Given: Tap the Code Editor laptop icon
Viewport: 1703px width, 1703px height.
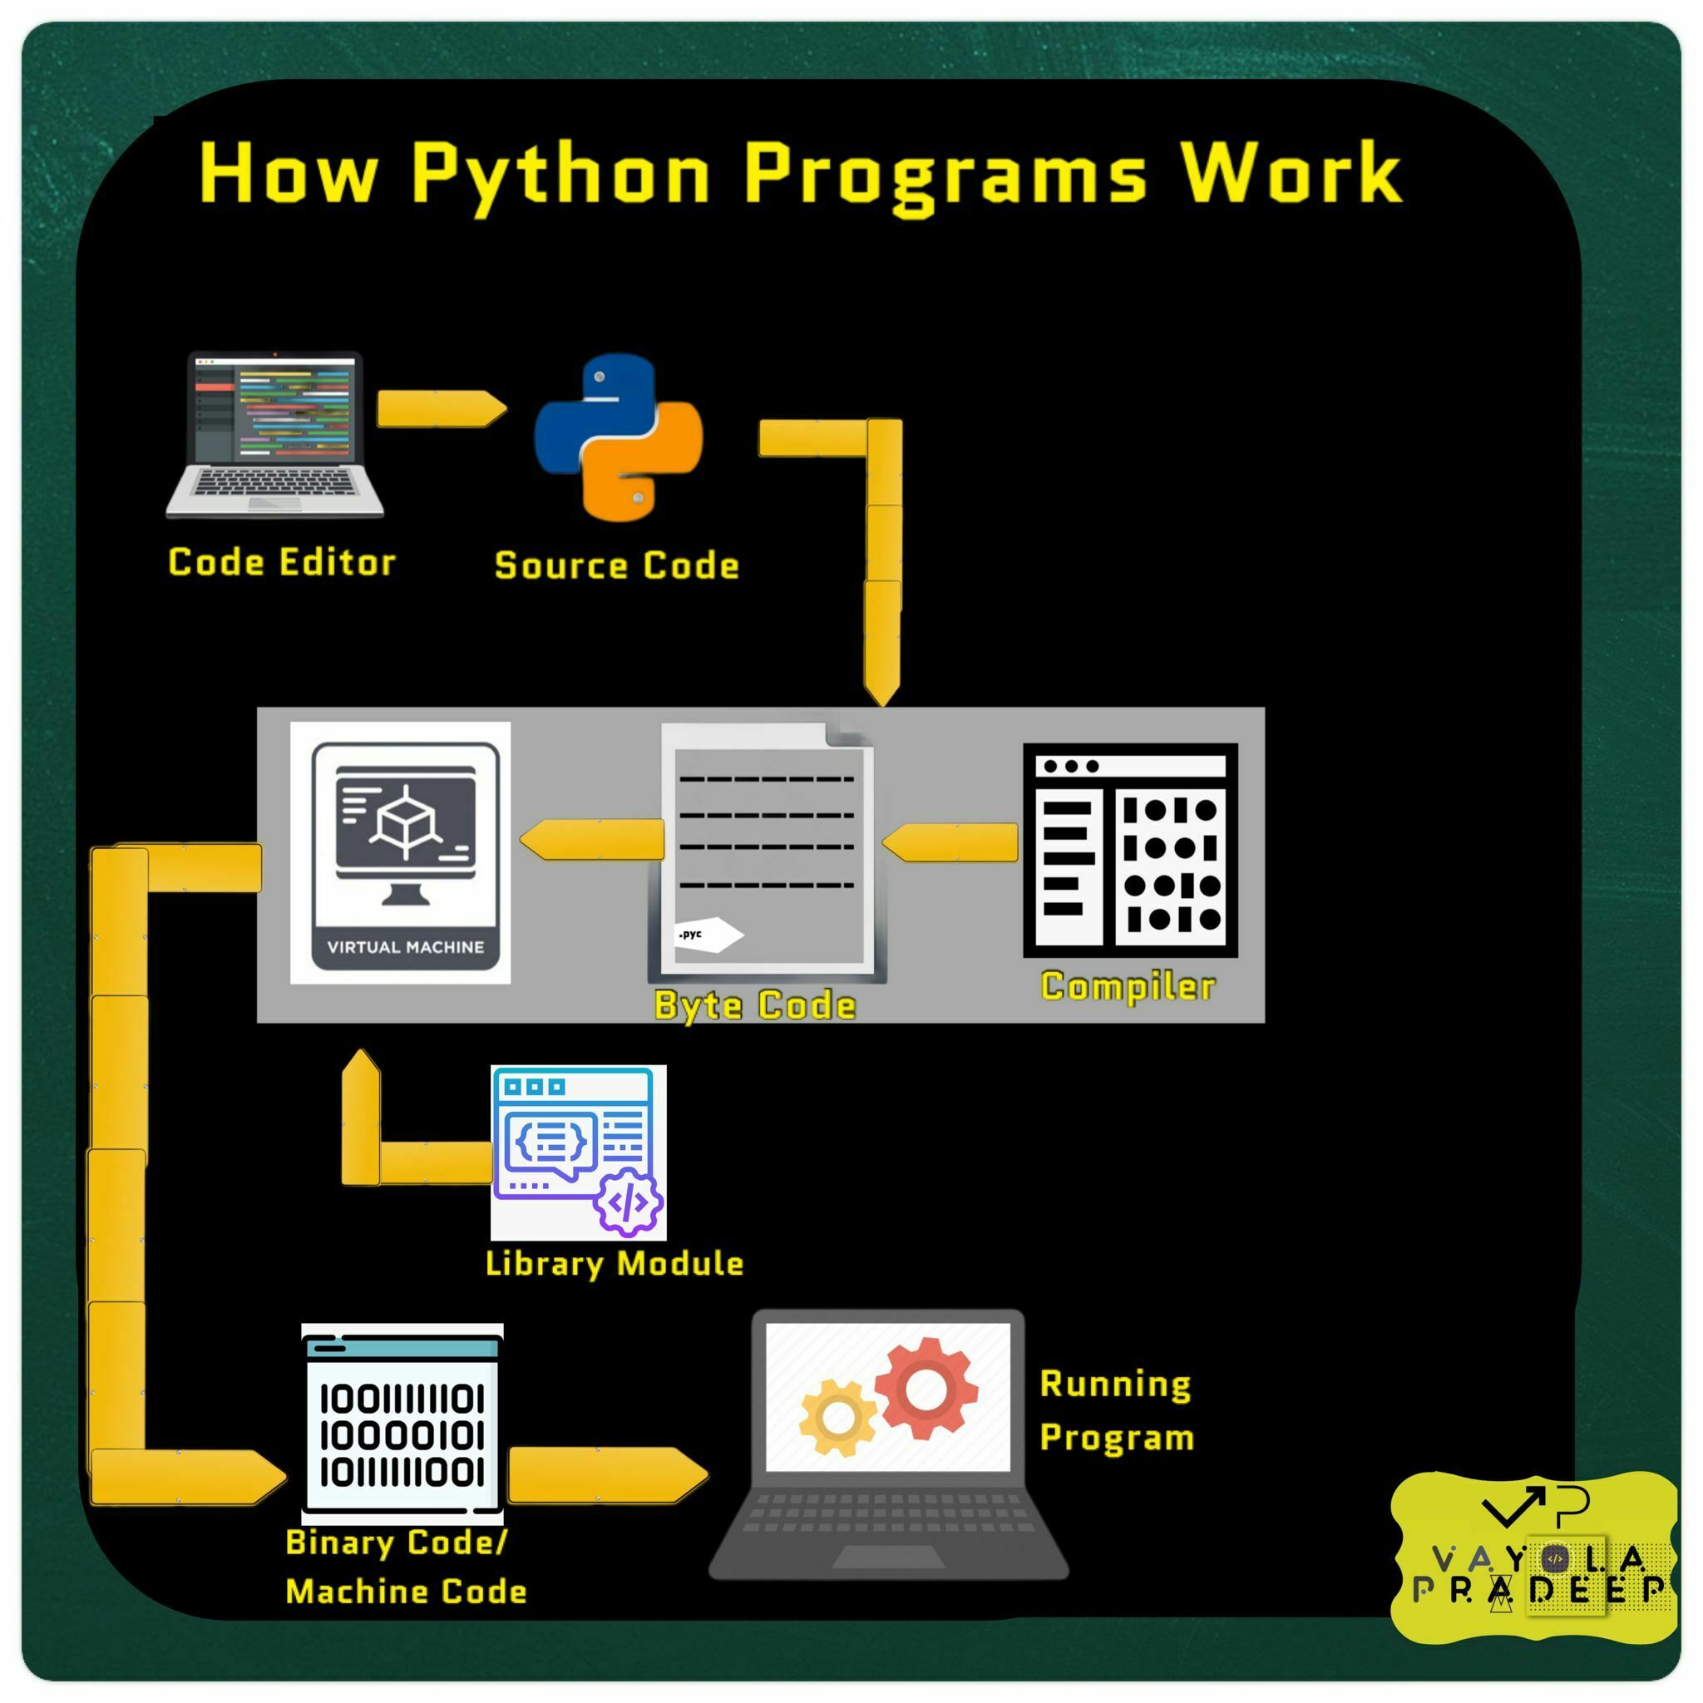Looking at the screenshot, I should tap(276, 434).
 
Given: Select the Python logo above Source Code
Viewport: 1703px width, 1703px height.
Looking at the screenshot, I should tap(619, 437).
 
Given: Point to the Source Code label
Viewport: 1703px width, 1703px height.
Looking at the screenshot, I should tap(616, 565).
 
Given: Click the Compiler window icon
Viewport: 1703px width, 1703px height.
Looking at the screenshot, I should tap(1130, 850).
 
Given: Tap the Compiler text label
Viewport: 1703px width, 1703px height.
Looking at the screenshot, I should tap(1128, 986).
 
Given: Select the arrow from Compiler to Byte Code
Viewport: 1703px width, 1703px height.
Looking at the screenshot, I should tap(951, 842).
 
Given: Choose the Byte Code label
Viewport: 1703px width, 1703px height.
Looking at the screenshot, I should tap(754, 1005).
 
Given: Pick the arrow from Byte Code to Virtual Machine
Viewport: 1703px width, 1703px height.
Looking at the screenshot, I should tap(592, 839).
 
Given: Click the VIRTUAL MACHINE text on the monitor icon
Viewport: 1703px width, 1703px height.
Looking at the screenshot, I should tap(406, 948).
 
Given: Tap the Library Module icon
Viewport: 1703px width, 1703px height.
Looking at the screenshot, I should tap(578, 1152).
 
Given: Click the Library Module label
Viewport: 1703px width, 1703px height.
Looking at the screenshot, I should tap(615, 1263).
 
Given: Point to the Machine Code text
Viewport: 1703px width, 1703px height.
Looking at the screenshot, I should tap(407, 1591).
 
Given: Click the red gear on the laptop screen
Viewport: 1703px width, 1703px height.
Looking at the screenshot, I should tap(926, 1389).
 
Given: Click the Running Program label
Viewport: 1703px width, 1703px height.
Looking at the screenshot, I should tap(1116, 1410).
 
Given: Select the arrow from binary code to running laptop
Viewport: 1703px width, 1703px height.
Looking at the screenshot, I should tap(607, 1473).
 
